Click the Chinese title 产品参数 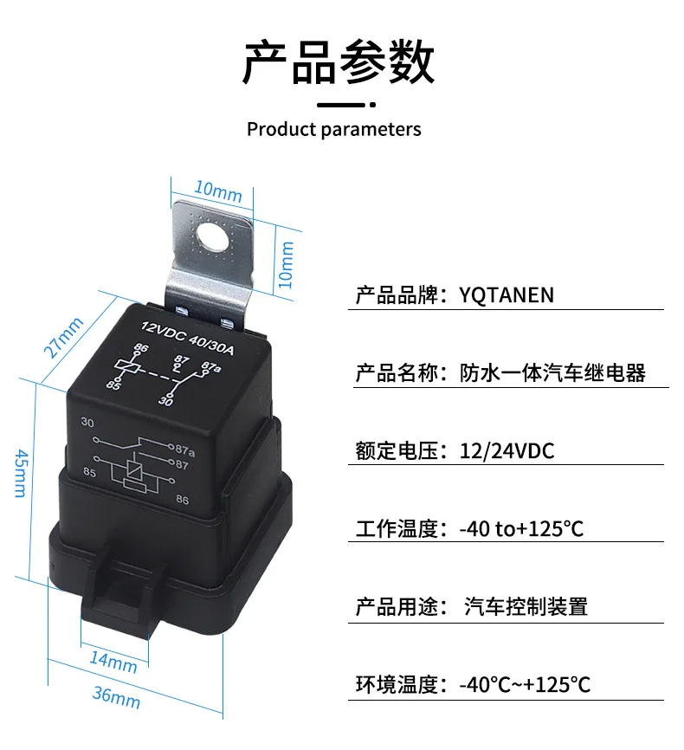tap(339, 62)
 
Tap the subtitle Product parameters tap(334, 129)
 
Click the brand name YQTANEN tap(507, 294)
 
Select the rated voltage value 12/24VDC tap(507, 451)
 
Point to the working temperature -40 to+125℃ tap(521, 529)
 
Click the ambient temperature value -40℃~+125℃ tap(525, 684)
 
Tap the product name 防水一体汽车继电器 tap(552, 373)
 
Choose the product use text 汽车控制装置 tap(526, 606)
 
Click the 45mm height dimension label tap(21, 473)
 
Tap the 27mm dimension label tap(63, 337)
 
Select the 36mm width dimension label tap(116, 697)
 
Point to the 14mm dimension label tap(113, 662)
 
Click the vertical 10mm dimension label tap(286, 264)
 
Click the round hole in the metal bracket tap(213, 237)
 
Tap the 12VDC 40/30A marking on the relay tap(188, 338)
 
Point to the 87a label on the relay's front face tap(185, 450)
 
